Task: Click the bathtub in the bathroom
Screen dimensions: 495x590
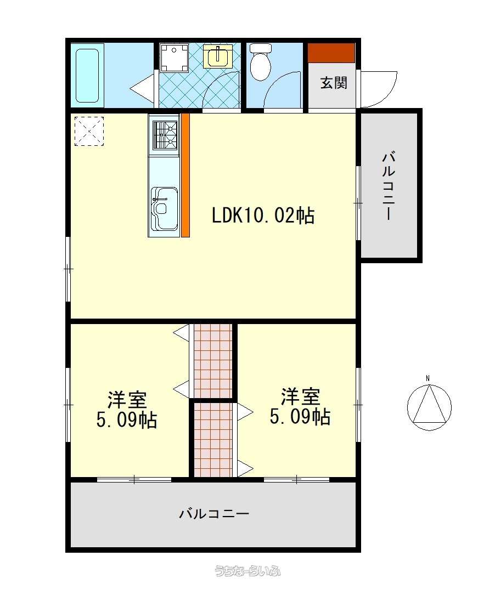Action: click(87, 75)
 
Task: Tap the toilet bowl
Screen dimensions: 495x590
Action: click(261, 62)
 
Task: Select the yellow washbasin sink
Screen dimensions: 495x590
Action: click(218, 56)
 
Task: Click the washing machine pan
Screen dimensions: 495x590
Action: click(174, 58)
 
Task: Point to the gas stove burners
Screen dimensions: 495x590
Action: click(165, 135)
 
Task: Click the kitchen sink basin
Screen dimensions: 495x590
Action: click(164, 209)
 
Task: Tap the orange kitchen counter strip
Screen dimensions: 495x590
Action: click(185, 175)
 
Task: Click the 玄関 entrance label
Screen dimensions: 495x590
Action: click(334, 83)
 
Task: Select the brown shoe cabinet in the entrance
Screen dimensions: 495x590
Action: click(331, 53)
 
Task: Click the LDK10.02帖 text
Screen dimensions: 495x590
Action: click(263, 216)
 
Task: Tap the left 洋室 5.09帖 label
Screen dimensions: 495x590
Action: click(127, 410)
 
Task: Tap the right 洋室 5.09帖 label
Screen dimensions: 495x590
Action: click(300, 406)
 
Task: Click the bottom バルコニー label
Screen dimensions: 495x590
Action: click(214, 513)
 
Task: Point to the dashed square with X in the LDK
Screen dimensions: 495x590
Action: click(89, 131)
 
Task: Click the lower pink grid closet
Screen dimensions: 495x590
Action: click(213, 440)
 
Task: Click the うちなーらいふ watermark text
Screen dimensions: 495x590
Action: click(248, 571)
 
